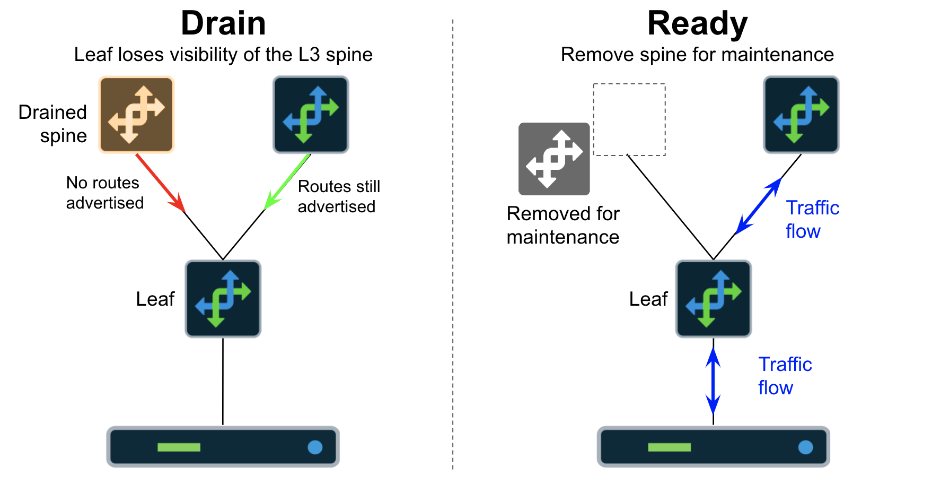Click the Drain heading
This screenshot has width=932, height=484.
coord(223,24)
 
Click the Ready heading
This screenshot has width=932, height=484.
coord(697,24)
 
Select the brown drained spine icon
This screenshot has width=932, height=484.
coord(137,115)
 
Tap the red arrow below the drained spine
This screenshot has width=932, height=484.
coord(160,183)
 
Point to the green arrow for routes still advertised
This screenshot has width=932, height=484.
coord(287,181)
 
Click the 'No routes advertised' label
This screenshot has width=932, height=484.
coord(104,193)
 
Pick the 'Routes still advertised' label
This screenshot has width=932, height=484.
coord(338,196)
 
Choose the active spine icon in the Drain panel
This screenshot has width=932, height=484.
coord(311,115)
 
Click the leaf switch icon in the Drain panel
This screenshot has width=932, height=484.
coord(223,299)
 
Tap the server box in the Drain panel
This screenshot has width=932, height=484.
coord(223,447)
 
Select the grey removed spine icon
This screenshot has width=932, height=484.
coord(554,159)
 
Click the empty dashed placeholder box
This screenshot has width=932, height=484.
coord(629,119)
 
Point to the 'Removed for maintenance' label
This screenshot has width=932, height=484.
coord(563,225)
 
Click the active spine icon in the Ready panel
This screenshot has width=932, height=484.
coord(801,115)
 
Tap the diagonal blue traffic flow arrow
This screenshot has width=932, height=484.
coord(759,206)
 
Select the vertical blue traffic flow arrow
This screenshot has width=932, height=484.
coord(714,381)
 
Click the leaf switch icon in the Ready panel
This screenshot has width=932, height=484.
coord(714,299)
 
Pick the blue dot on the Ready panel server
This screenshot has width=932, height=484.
coord(805,447)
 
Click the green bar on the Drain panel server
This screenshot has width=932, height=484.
coord(179,447)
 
